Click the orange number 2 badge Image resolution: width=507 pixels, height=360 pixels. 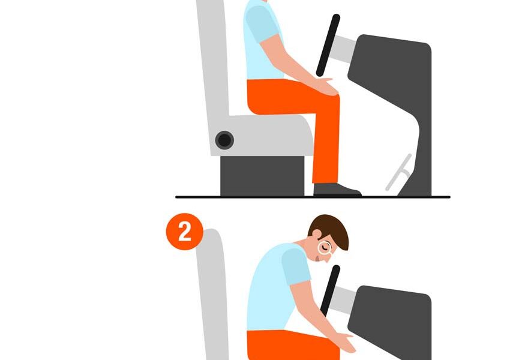coord(184,232)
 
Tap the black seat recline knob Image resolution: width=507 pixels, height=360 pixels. coord(225,140)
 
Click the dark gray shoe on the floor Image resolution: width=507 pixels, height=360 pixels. coord(337,190)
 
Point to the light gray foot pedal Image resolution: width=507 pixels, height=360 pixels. coord(398,172)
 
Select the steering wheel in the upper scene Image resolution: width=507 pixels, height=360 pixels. coord(328,45)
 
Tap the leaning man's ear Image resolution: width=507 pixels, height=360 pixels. coord(316,234)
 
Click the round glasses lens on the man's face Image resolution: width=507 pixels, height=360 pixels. coord(325,248)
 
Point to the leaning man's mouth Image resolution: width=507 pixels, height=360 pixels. coord(317,259)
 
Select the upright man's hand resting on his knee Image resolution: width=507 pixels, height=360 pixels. coord(326,86)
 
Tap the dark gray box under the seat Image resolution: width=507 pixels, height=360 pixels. coord(262,176)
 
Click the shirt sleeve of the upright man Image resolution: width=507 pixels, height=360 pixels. coord(261,23)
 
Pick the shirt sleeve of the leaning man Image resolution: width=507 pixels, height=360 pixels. coord(296,266)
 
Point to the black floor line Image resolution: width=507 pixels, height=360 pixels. coord(313,197)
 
